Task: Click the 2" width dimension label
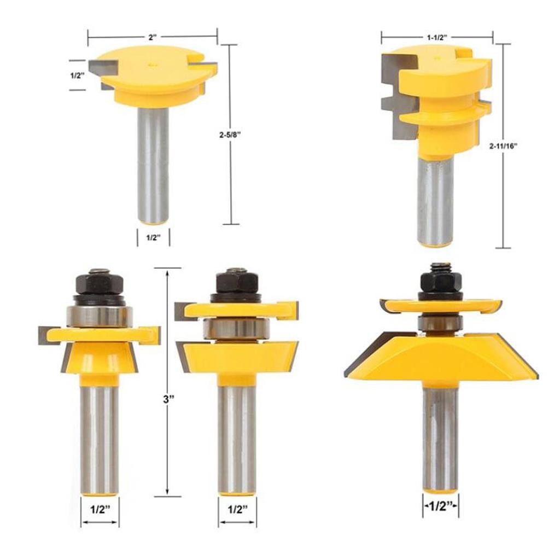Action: pos(153,37)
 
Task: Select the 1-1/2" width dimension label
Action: pos(437,38)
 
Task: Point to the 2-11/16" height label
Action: pos(503,145)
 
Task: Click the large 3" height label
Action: pos(168,399)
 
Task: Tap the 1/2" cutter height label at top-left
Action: pos(77,75)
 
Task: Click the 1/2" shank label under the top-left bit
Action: pos(153,238)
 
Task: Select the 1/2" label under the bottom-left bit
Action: pos(100,510)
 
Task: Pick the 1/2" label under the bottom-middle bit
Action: pos(237,510)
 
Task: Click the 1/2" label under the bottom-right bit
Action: pos(441,506)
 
